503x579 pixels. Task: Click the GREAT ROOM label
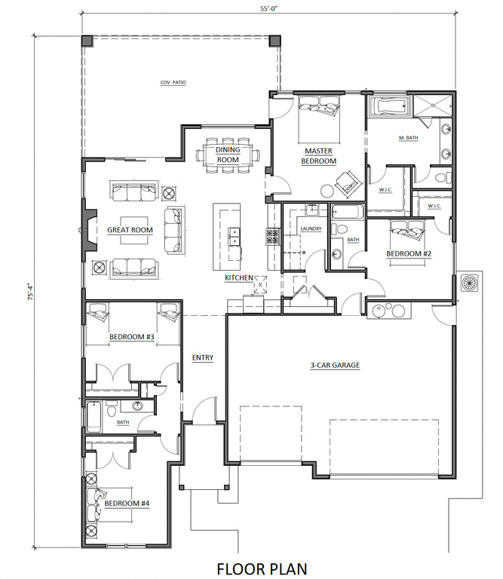(x=130, y=230)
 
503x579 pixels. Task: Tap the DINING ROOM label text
(x=228, y=155)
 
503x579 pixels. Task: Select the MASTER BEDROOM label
(x=319, y=156)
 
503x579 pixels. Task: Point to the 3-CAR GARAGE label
(x=335, y=365)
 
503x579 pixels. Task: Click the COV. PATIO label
(x=173, y=83)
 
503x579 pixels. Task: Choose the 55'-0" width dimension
(x=268, y=8)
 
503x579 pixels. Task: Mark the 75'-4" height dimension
(x=31, y=291)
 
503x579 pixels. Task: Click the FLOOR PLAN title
(x=262, y=568)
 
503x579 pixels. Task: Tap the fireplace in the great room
(x=89, y=230)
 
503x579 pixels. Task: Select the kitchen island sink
(x=234, y=236)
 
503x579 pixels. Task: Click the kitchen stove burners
(x=274, y=236)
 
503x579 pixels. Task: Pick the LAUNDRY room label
(x=311, y=229)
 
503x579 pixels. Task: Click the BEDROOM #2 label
(x=409, y=253)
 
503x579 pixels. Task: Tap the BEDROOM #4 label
(x=127, y=504)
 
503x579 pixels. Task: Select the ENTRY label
(x=203, y=357)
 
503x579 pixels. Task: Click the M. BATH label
(x=409, y=138)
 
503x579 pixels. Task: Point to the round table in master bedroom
(x=327, y=191)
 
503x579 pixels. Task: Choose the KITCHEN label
(x=239, y=277)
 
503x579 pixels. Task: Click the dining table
(x=228, y=155)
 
